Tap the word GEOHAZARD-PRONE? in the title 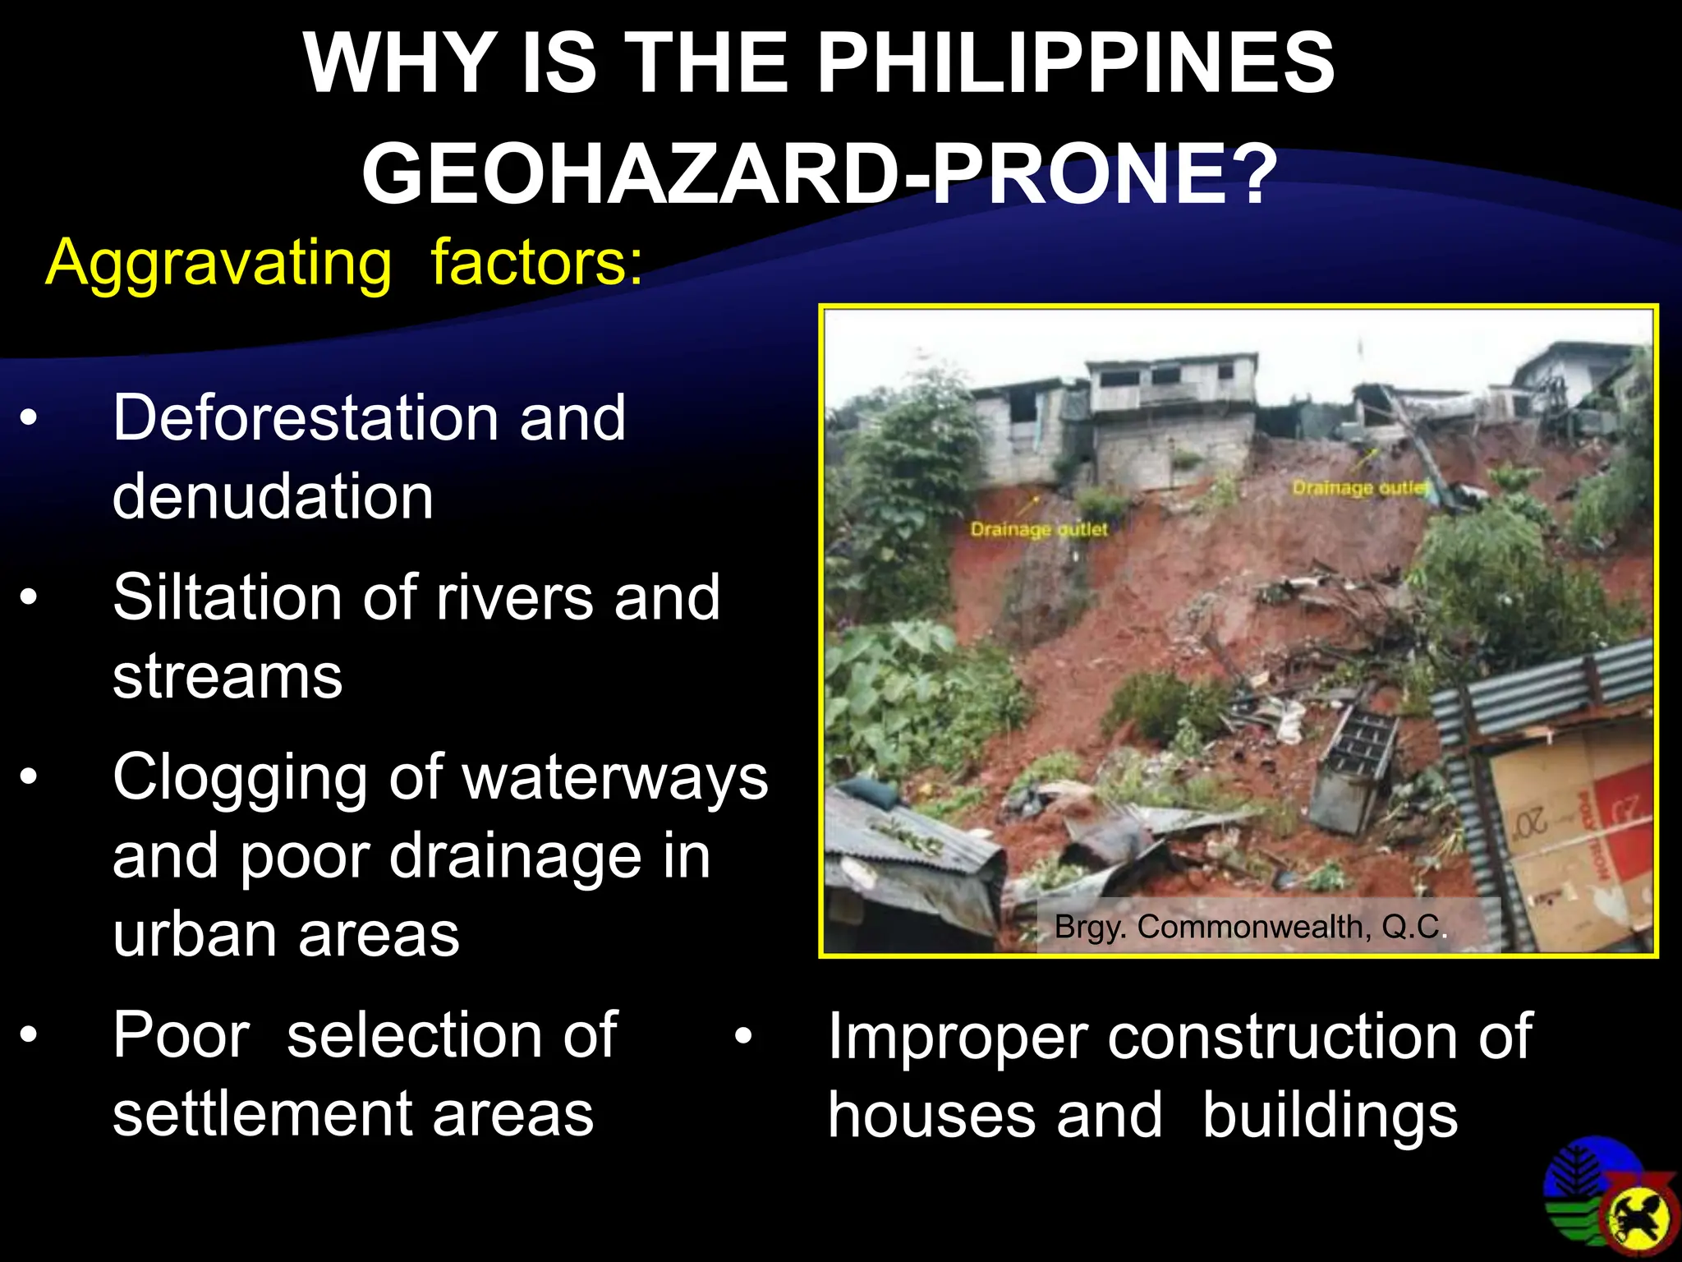pos(820,174)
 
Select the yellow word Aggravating pos(218,263)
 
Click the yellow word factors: pos(537,263)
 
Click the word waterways pos(616,776)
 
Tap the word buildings pos(1330,1116)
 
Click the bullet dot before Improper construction pos(743,1037)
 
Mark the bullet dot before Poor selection pos(30,1035)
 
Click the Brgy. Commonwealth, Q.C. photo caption pos(1250,928)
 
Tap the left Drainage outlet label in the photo pos(1039,529)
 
